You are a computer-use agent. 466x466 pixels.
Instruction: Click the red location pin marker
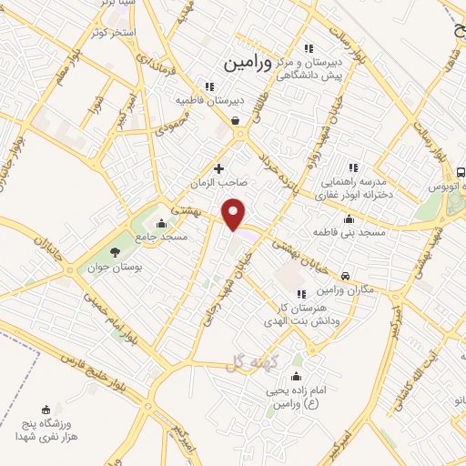235,214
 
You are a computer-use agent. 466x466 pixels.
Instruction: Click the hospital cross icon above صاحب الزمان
218,168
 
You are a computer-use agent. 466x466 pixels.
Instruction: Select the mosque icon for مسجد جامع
162,224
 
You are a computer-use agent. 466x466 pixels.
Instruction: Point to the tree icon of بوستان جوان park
115,252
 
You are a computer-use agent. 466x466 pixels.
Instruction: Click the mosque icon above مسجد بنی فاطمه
349,219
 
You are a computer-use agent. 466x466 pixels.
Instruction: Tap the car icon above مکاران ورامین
345,276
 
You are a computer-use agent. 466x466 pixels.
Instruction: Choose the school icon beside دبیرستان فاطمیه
209,87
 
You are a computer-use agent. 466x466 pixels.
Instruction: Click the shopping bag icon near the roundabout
236,119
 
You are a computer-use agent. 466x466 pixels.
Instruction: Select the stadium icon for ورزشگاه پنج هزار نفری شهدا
46,410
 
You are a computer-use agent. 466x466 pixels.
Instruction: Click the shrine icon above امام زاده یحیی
298,375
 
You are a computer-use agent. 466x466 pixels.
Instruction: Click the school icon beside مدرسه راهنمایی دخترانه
353,167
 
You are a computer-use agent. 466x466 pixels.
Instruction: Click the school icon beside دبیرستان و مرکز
309,48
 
